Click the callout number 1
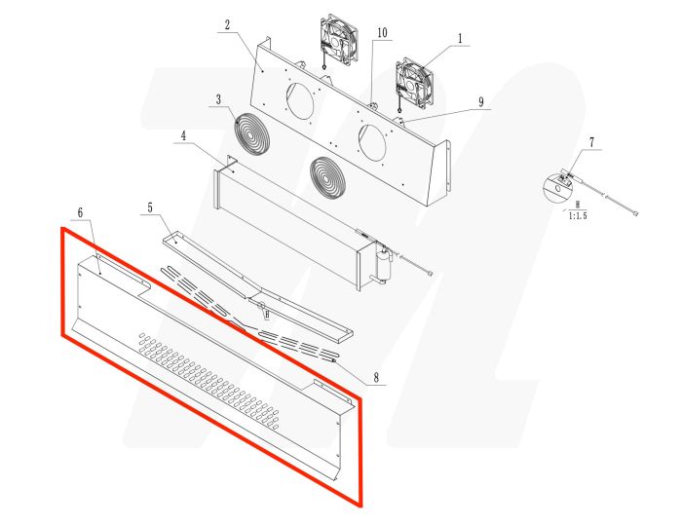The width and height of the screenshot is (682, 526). pyautogui.click(x=459, y=39)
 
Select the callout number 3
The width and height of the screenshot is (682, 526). pyautogui.click(x=219, y=99)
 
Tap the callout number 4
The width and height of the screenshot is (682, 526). pyautogui.click(x=182, y=136)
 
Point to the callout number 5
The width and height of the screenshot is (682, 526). pyautogui.click(x=150, y=207)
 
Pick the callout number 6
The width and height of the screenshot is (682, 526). pyautogui.click(x=80, y=212)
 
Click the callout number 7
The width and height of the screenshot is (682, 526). pyautogui.click(x=590, y=143)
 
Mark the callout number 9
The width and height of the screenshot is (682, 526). pyautogui.click(x=480, y=100)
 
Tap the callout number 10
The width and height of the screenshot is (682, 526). pyautogui.click(x=382, y=33)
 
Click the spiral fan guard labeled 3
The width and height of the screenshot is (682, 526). pyautogui.click(x=252, y=132)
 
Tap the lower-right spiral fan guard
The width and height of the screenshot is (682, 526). pyautogui.click(x=329, y=175)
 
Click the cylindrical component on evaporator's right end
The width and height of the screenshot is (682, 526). pyautogui.click(x=385, y=264)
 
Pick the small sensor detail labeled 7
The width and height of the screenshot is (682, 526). pyautogui.click(x=565, y=181)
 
